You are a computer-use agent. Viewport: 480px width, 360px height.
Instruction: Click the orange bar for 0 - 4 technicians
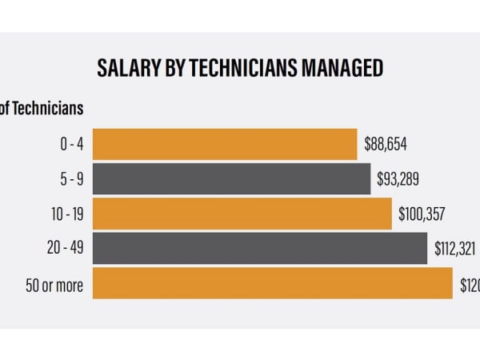224,144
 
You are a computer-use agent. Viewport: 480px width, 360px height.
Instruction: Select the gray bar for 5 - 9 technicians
231,178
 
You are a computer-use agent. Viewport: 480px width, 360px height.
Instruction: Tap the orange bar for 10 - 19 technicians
242,214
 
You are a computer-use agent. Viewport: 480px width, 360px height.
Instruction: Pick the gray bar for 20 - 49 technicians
259,249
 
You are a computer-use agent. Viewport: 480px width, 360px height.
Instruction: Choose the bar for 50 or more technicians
272,283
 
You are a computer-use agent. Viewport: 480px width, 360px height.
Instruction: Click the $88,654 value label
386,144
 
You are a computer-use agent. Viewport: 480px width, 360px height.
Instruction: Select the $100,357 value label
422,214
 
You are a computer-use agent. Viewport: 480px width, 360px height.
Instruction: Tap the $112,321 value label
454,249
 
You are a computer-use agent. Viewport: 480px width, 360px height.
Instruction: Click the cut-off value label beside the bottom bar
470,283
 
